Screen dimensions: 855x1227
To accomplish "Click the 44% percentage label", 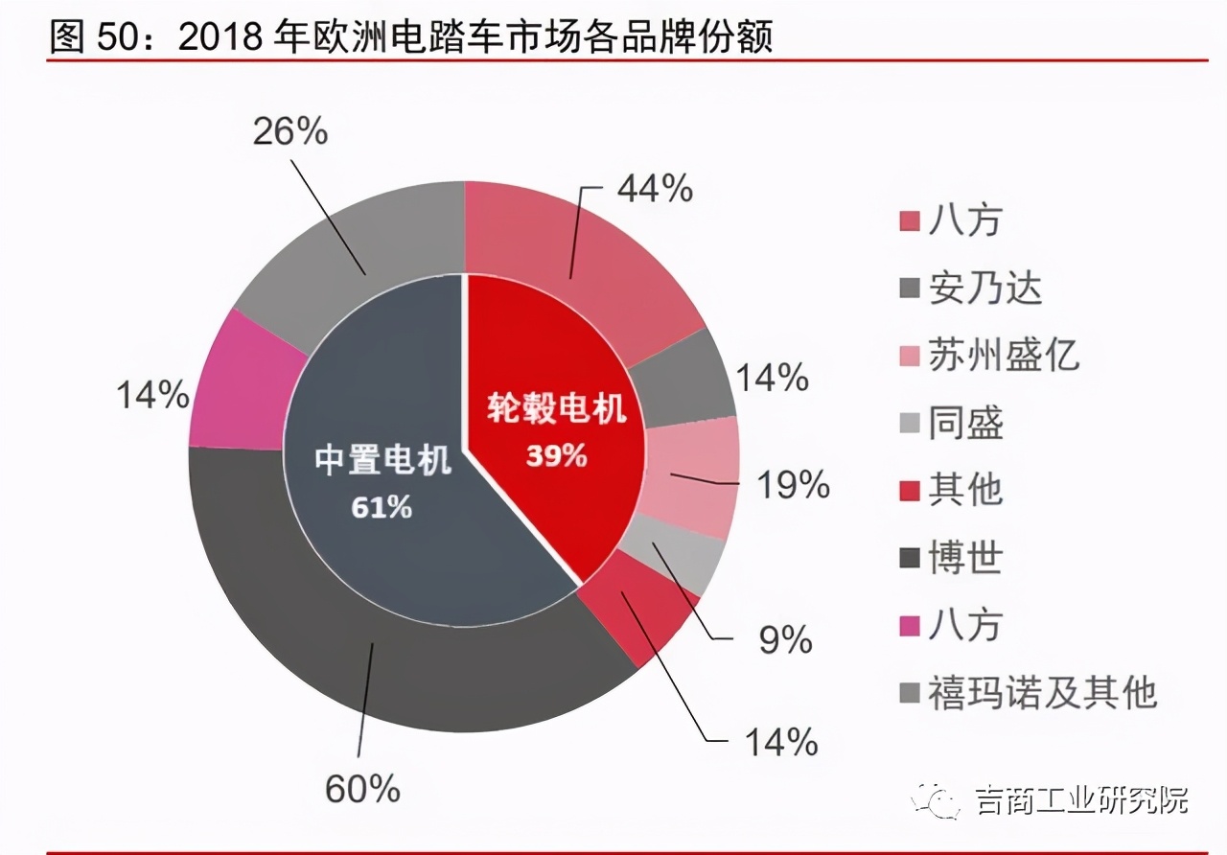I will pos(655,190).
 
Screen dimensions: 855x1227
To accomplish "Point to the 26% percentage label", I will pos(289,132).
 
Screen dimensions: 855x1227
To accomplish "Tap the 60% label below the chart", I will pos(361,789).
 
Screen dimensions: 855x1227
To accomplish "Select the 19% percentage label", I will pos(793,486).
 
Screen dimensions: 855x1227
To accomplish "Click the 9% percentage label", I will pos(785,640).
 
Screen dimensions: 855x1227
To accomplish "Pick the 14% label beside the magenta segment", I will pos(152,394).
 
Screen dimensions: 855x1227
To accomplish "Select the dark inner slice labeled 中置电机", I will pos(383,479).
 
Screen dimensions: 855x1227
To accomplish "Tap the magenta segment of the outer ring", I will pos(240,383).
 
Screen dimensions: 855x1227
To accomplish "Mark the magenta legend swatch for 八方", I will pos(910,626).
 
